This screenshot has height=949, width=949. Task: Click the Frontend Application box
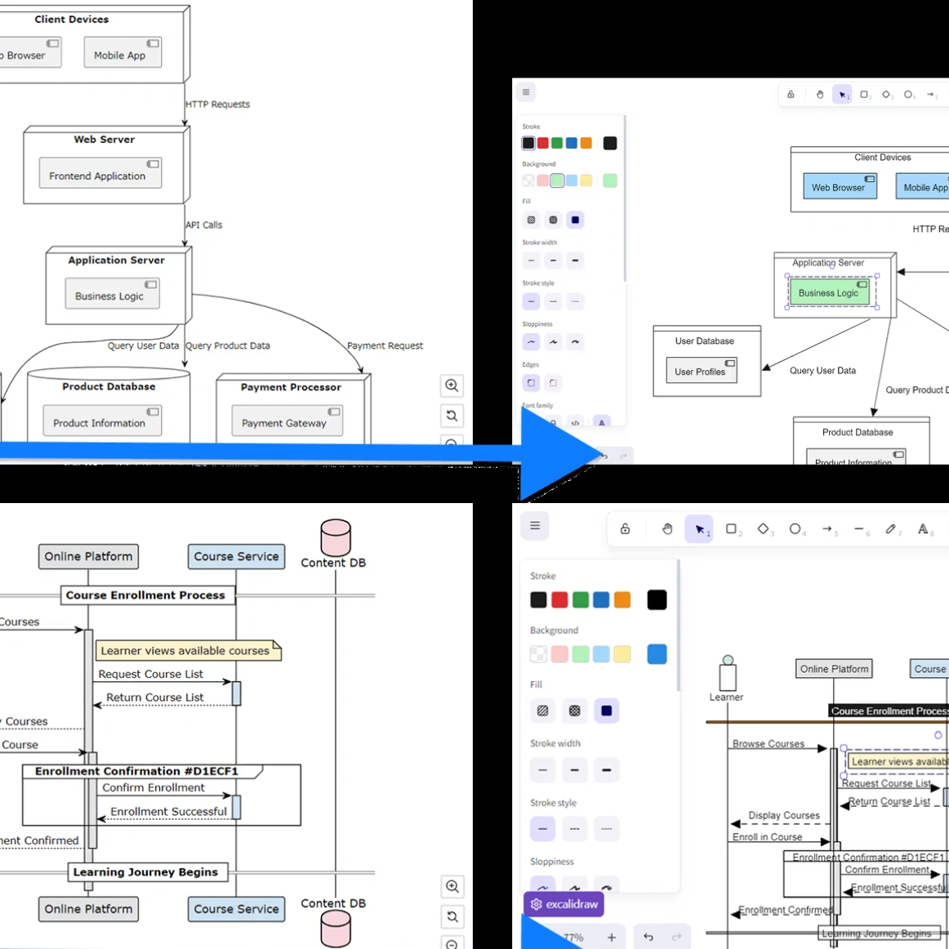tap(100, 173)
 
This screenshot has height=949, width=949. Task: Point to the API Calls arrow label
tap(204, 225)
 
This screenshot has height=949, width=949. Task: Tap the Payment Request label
tap(385, 345)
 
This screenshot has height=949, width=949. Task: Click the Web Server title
tap(105, 140)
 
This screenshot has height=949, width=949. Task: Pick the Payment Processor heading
tap(291, 387)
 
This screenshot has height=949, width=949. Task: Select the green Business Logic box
tap(829, 292)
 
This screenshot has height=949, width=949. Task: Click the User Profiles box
tap(701, 371)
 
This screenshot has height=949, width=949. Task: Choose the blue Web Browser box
tap(839, 186)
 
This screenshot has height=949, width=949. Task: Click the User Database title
tap(704, 341)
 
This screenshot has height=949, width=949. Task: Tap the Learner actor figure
tap(728, 675)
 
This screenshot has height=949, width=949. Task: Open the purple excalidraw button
tap(564, 904)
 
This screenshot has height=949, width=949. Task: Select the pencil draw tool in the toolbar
tap(891, 529)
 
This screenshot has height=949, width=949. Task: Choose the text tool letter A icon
tap(923, 529)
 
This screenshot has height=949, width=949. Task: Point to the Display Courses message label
tap(784, 815)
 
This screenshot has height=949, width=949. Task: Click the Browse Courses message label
tap(768, 743)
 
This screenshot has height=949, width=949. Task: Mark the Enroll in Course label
tap(767, 837)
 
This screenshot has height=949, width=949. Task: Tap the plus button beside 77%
tap(612, 938)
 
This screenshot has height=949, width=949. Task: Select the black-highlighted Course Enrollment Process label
tap(889, 711)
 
